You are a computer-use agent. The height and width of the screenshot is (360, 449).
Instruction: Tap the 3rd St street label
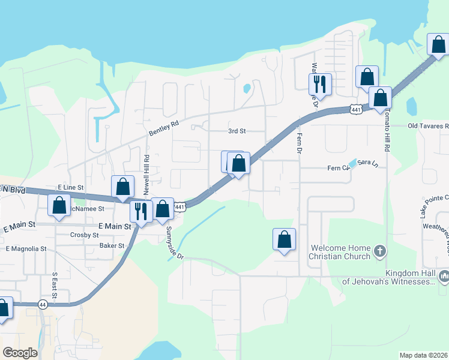coord(237,131)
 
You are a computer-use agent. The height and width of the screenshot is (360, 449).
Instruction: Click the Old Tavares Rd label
coord(428,126)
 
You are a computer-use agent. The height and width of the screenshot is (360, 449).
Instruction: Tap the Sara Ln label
coord(368,163)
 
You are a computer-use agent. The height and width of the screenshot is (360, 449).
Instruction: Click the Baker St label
coord(112,245)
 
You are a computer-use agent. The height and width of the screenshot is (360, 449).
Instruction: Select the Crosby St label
coord(84,235)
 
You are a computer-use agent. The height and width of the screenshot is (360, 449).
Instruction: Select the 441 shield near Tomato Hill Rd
coord(357,109)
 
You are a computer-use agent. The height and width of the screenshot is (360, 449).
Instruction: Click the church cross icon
coord(378,251)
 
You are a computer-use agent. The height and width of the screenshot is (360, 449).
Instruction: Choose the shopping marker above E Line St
coord(122,186)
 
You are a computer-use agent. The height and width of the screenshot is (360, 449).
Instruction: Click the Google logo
coord(20,352)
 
